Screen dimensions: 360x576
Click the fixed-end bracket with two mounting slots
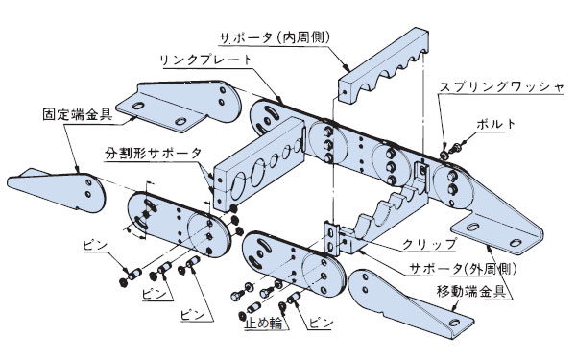pos(179,107)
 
